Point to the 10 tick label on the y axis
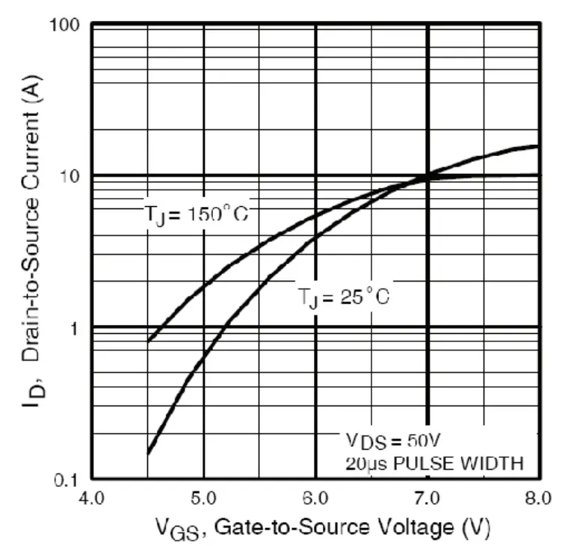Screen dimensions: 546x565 point(70,176)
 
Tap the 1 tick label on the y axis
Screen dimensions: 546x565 point(76,328)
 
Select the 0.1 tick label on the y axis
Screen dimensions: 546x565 point(68,479)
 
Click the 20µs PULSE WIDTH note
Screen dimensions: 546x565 point(433,462)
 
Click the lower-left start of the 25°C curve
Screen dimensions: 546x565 point(148,453)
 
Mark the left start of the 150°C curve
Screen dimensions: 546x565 point(148,341)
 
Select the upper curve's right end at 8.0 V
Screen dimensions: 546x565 point(537,146)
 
